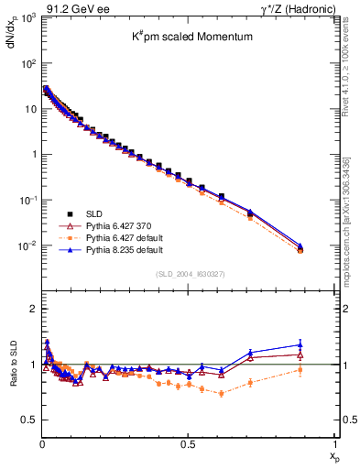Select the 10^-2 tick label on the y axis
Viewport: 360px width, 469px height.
[x=26, y=245]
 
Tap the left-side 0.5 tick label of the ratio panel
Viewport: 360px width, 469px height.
[x=27, y=420]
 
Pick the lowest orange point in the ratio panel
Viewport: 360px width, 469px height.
[x=221, y=393]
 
